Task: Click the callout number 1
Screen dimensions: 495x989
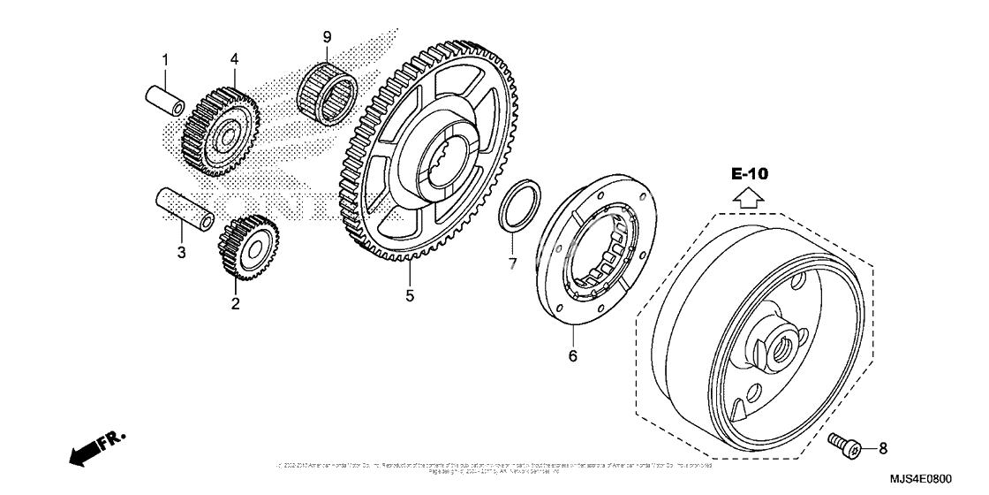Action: point(163,60)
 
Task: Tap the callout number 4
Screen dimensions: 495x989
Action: point(235,59)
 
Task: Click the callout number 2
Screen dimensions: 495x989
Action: point(236,304)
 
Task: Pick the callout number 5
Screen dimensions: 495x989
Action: point(410,296)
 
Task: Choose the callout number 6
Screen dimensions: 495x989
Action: point(572,355)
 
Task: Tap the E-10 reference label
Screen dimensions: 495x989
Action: point(749,173)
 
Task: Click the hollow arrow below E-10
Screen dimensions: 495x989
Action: point(748,198)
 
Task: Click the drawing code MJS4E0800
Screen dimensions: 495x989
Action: point(940,479)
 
